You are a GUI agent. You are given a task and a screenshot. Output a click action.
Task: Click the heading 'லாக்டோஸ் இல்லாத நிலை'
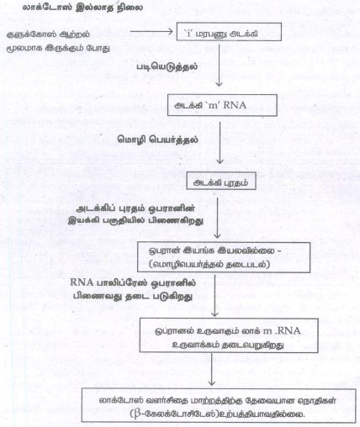pos(82,8)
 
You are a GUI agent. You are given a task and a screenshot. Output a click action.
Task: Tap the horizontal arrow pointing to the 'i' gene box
pos(151,31)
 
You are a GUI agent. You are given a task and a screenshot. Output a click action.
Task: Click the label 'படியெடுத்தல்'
pos(167,67)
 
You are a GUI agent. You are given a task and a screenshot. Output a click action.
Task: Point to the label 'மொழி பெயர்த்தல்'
pos(157,140)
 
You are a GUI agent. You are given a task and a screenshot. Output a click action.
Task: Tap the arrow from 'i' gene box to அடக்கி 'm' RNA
pos(219,64)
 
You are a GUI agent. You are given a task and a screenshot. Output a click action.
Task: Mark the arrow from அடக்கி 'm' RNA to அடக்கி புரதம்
pos(220,143)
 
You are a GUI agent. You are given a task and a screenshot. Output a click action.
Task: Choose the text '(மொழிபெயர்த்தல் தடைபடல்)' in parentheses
pos(209,264)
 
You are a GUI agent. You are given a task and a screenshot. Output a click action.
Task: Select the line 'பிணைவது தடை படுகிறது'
pos(133,297)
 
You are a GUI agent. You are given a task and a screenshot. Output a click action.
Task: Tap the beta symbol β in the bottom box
pos(137,414)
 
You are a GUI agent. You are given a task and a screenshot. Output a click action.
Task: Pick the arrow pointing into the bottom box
pos(212,370)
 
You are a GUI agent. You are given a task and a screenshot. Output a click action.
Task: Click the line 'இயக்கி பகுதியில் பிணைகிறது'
pos(135,221)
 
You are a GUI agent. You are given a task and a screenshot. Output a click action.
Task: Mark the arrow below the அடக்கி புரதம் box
pos(217,218)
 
